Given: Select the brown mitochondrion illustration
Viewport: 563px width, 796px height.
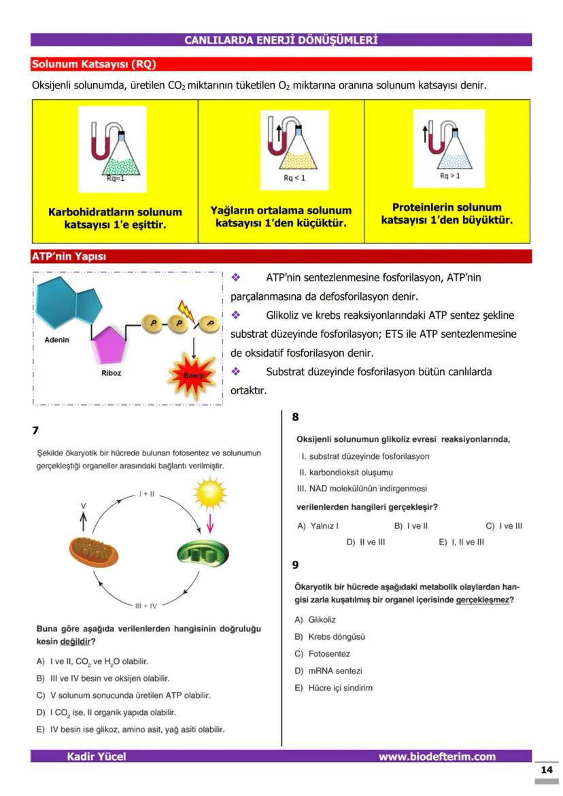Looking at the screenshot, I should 94,551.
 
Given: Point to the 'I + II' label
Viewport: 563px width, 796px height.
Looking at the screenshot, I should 147,494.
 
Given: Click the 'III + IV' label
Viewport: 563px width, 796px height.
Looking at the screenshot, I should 146,605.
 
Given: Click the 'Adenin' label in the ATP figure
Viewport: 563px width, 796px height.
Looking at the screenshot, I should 56,339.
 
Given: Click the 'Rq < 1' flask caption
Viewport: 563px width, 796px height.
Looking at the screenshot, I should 294,178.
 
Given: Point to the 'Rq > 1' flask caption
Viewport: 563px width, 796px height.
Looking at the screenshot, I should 449,175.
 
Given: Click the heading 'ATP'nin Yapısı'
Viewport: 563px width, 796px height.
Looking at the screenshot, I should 69,257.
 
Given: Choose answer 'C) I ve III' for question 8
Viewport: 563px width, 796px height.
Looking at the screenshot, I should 504,525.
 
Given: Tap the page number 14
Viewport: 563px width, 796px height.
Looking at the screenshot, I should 546,770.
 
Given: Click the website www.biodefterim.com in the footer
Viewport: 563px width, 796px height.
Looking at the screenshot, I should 437,757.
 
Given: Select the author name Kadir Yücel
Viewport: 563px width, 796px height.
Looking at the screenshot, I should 96,757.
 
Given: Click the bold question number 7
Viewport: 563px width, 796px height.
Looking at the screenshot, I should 35,430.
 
